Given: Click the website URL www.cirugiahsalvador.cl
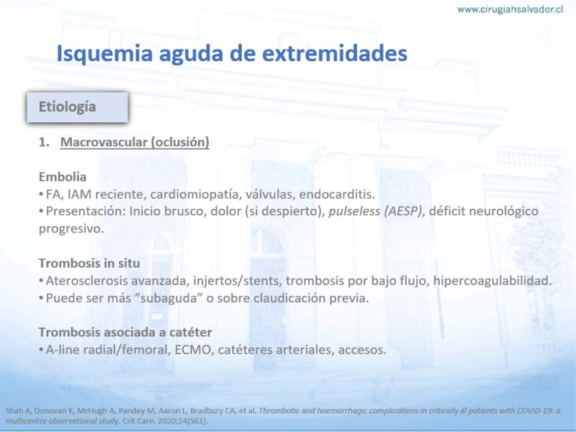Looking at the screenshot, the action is (510, 9).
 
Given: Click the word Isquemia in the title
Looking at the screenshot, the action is (104, 53).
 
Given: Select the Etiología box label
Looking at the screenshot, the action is (67, 107).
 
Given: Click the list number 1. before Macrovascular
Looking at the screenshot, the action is (44, 142).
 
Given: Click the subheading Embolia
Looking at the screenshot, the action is (63, 176).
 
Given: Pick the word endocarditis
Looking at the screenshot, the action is (337, 194).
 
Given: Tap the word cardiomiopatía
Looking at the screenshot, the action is (195, 194).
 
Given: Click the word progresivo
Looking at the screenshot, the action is (71, 229).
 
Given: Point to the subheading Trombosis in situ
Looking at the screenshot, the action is (89, 263).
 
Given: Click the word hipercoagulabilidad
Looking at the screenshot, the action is (492, 281).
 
